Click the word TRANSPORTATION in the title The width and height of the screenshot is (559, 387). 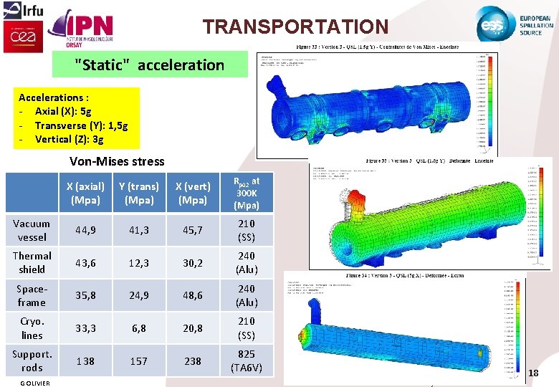click(x=295, y=27)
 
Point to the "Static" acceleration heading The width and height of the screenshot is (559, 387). click(x=150, y=65)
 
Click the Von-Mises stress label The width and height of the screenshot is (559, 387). click(x=117, y=161)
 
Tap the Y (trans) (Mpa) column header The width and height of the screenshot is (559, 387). click(x=139, y=193)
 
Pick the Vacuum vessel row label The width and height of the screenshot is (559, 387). click(x=32, y=230)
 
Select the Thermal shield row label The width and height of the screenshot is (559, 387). click(x=32, y=262)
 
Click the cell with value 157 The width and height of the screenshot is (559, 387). click(x=139, y=361)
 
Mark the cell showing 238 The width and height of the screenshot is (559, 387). click(x=193, y=361)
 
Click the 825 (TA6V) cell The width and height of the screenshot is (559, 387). click(x=247, y=361)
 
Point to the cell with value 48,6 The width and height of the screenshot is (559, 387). click(x=193, y=295)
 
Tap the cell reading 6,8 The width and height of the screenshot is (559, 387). click(x=139, y=328)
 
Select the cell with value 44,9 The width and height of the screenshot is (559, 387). click(x=85, y=230)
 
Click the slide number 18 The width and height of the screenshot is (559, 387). click(x=533, y=373)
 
